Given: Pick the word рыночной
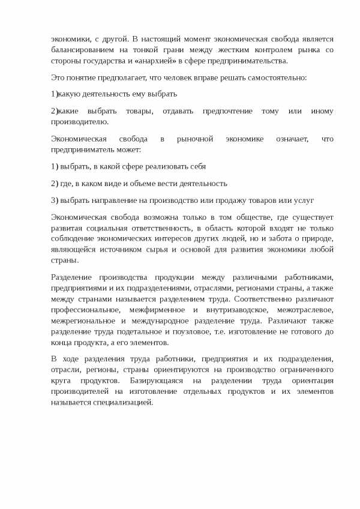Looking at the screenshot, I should (x=196, y=139).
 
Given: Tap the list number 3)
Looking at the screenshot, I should (x=55, y=200).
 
